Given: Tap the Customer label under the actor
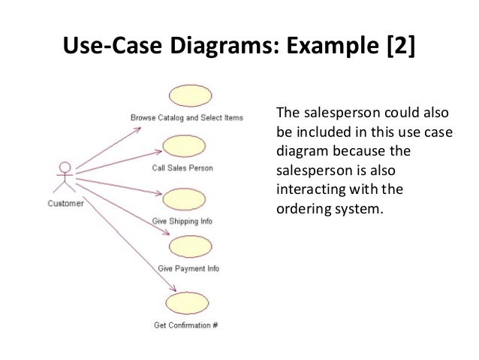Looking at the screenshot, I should click(x=65, y=203).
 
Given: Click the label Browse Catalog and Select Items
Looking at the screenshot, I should click(x=186, y=118).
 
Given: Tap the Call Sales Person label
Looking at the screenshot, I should click(x=182, y=168).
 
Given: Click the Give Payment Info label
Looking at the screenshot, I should click(x=188, y=268).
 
